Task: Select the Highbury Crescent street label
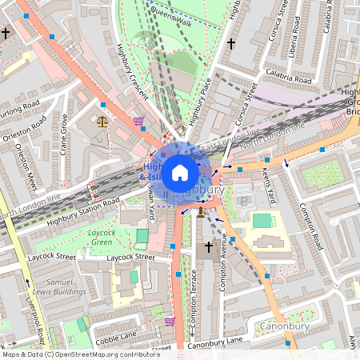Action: [x=133, y=71]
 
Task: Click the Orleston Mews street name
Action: [x=22, y=167]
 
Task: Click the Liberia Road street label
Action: [x=299, y=39]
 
